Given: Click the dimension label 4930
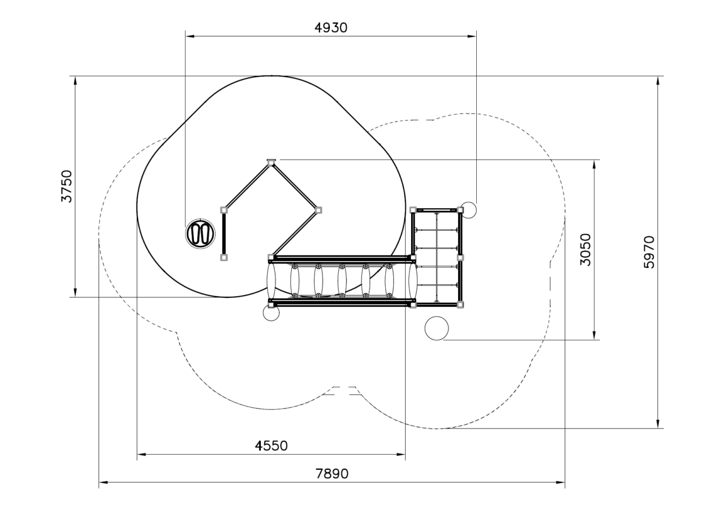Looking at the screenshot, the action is click(331, 28).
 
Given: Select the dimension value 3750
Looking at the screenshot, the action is click(67, 186).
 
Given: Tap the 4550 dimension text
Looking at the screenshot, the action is click(271, 446).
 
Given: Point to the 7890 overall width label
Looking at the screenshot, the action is click(332, 474).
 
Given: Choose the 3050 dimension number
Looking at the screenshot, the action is click(585, 249).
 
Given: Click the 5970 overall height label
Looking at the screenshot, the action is click(649, 252).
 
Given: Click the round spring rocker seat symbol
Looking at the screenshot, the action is click(200, 234).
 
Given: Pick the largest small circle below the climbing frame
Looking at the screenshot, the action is click(437, 328).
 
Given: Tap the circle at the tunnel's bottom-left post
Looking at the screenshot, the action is click(271, 313).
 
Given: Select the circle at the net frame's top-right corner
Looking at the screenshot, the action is click(468, 210).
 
